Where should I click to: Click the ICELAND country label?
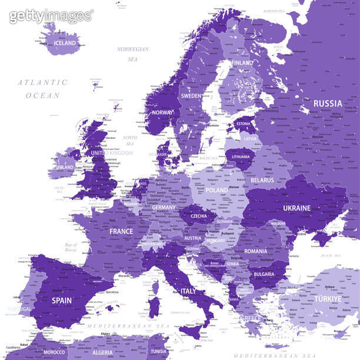click(x=65, y=44)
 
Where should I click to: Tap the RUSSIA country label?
click(x=327, y=104)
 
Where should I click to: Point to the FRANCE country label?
click(x=121, y=231)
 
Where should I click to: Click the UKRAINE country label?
click(x=296, y=208)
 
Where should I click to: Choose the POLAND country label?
click(x=216, y=191)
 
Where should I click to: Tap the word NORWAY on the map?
click(x=163, y=112)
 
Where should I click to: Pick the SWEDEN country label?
click(x=191, y=95)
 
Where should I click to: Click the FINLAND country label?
click(x=242, y=63)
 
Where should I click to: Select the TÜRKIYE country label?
click(x=327, y=299)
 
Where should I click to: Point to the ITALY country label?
click(x=189, y=291)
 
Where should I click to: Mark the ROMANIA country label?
click(x=256, y=251)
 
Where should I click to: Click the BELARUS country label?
click(x=262, y=180)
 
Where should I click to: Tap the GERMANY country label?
click(x=164, y=208)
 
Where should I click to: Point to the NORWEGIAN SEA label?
click(x=133, y=54)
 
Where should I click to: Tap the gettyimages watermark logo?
click(x=51, y=16)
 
